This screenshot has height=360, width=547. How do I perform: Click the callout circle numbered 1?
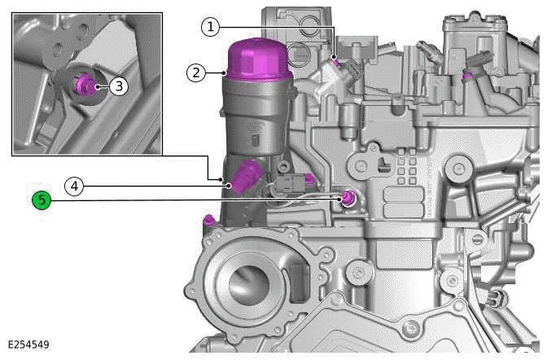pos(211,27)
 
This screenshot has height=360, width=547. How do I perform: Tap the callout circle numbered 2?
pos(195,72)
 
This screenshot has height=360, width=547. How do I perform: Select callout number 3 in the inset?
pos(118,85)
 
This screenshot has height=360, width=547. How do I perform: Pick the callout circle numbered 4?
pos(74,187)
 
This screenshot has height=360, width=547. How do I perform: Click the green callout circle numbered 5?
pos(42,199)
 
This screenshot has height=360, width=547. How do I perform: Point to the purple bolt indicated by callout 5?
pos(349,199)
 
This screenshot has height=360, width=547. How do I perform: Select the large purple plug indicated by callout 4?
pos(245,174)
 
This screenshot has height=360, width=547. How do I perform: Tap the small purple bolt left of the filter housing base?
pos(210,220)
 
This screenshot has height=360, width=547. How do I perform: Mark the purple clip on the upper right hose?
pos(466,76)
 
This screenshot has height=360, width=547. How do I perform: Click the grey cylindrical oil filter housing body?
pos(254,122)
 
